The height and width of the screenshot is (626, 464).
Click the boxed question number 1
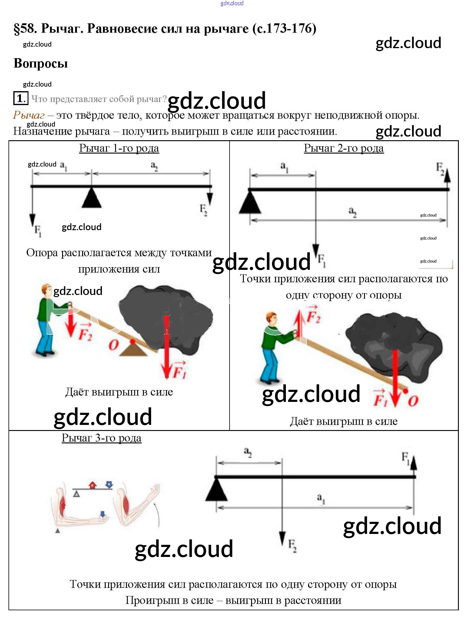pyautogui.click(x=21, y=98)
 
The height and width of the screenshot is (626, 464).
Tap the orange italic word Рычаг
pyautogui.click(x=29, y=115)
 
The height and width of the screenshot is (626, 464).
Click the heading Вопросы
pyautogui.click(x=41, y=63)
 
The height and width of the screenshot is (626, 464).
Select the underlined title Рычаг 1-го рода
pyautogui.click(x=119, y=148)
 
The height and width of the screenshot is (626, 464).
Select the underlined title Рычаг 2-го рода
pyautogui.click(x=344, y=148)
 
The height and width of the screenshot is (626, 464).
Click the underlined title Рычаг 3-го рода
pyautogui.click(x=101, y=438)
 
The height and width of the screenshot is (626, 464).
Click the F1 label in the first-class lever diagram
pyautogui.click(x=38, y=231)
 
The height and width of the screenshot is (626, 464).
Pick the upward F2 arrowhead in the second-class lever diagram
pyautogui.click(x=447, y=177)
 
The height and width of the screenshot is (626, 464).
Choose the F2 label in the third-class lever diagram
pyautogui.click(x=292, y=545)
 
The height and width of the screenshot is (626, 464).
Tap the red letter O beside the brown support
pyautogui.click(x=114, y=345)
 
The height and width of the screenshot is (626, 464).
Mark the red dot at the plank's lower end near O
pyautogui.click(x=406, y=391)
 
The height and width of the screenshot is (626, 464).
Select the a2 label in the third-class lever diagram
pyautogui.click(x=248, y=452)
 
